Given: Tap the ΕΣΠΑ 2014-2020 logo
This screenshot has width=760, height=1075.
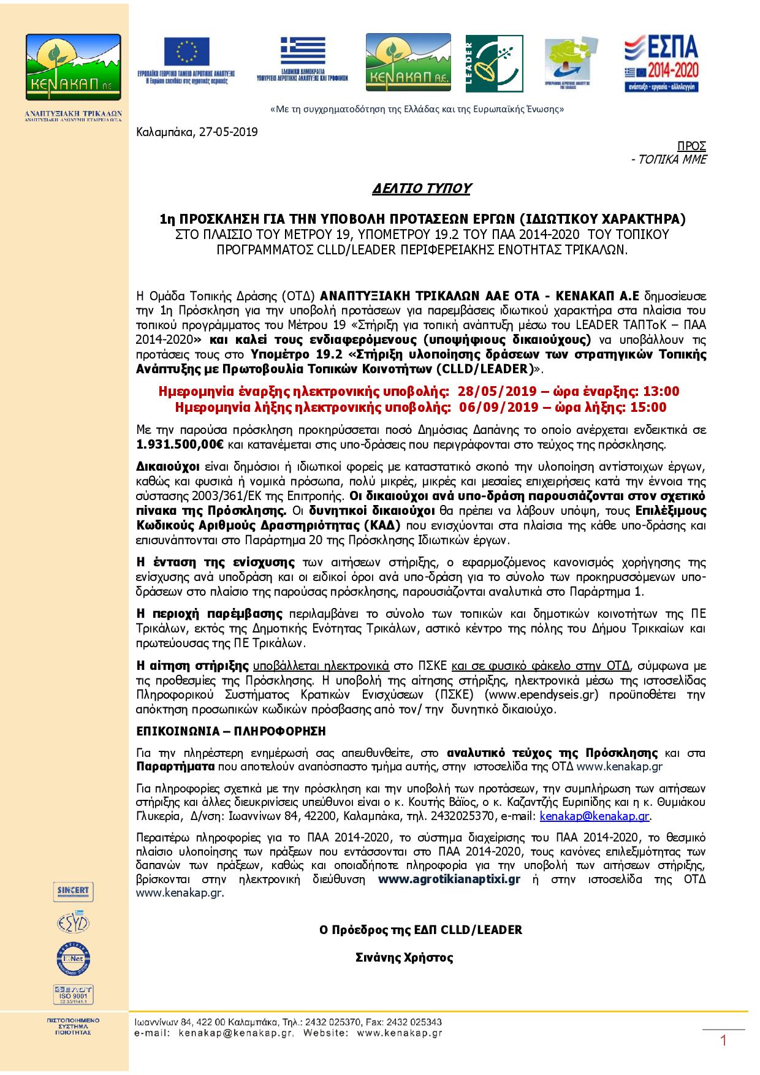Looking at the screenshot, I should coord(661,64).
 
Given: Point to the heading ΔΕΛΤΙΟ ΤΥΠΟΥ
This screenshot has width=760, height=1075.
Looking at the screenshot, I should coord(421,189).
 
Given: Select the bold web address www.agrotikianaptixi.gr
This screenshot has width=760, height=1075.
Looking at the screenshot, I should coord(449,879).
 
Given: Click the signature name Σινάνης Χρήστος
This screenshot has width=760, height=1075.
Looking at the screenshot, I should coord(404,957).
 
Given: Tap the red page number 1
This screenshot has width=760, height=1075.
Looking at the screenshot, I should coord(723,1041).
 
